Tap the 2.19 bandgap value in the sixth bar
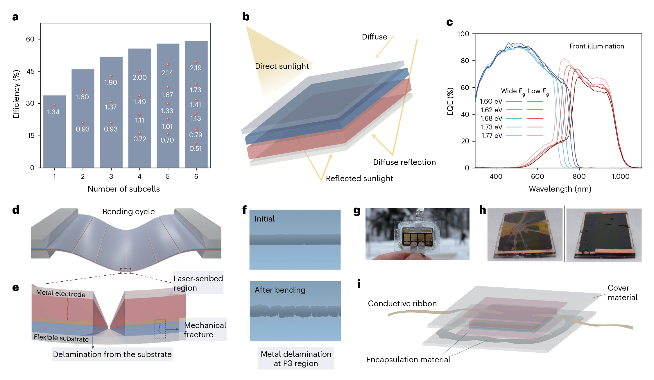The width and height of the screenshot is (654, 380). click(196, 68)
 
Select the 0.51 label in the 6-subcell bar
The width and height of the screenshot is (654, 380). click(196, 149)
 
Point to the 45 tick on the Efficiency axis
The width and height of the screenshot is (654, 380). click(31, 71)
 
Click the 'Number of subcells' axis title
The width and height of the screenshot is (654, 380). click(124, 189)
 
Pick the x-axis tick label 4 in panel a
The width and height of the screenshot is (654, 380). click(139, 177)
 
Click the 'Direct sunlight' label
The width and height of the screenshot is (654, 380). click(282, 66)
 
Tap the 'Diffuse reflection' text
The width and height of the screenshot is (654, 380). click(404, 162)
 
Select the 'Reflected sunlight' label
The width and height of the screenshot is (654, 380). click(359, 179)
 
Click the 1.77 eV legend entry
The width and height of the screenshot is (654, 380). click(492, 136)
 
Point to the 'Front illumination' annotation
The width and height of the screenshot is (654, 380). click(596, 46)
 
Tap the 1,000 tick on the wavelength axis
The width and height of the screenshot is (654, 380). click(621, 177)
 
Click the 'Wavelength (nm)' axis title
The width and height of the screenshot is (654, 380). click(560, 189)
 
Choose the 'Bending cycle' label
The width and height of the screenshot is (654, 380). click(128, 212)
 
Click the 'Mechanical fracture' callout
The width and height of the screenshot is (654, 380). click(205, 330)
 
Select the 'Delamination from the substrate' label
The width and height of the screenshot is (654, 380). click(112, 354)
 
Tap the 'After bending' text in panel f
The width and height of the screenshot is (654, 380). click(280, 290)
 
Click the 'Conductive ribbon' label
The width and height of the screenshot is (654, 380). click(402, 304)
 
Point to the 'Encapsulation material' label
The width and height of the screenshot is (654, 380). click(408, 360)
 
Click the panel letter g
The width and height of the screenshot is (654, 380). click(357, 211)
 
